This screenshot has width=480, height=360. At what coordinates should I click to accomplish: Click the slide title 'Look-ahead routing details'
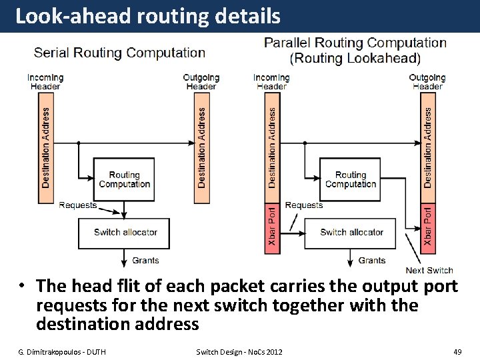[x=147, y=16]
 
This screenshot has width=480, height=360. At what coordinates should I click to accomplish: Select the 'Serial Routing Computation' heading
[x=119, y=53]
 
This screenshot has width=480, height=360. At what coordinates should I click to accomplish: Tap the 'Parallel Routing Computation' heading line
[x=355, y=43]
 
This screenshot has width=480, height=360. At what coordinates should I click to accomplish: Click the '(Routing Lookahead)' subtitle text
[x=355, y=59]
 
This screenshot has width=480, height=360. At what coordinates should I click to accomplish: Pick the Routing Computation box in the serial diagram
[x=125, y=179]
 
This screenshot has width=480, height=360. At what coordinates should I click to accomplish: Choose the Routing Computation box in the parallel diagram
[x=351, y=179]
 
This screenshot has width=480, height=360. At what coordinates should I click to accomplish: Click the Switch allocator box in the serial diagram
[x=125, y=233]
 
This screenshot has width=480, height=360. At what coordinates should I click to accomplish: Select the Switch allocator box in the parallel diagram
[x=351, y=233]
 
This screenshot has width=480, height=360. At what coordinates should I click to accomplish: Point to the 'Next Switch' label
[x=429, y=270]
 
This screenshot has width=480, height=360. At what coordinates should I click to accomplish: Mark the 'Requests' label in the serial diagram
[x=78, y=205]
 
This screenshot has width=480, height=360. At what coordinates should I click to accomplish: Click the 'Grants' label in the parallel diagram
[x=371, y=261]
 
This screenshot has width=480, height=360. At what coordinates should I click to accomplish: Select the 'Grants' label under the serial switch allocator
[x=145, y=261]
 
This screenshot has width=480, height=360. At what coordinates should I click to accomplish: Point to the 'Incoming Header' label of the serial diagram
[x=45, y=82]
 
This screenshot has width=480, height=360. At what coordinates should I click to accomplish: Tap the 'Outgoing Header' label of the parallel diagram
[x=427, y=82]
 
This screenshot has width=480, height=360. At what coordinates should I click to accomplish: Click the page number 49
[x=457, y=351]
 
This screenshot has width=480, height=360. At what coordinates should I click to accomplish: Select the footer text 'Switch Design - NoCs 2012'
[x=239, y=351]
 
